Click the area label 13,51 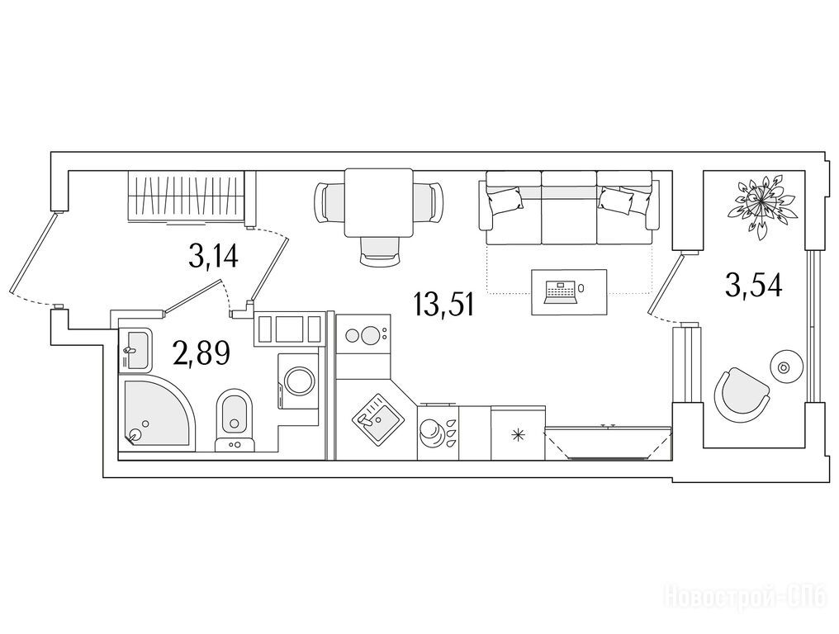pyautogui.click(x=443, y=305)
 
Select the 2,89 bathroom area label pyautogui.click(x=201, y=353)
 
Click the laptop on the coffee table pyautogui.click(x=560, y=292)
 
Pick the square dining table pyautogui.click(x=379, y=203)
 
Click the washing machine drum pyautogui.click(x=300, y=381)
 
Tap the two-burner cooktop pyautogui.click(x=363, y=334)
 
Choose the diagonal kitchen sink pyautogui.click(x=377, y=418)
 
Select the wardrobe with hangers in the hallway pyautogui.click(x=186, y=196)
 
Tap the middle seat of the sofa pyautogui.click(x=569, y=207)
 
